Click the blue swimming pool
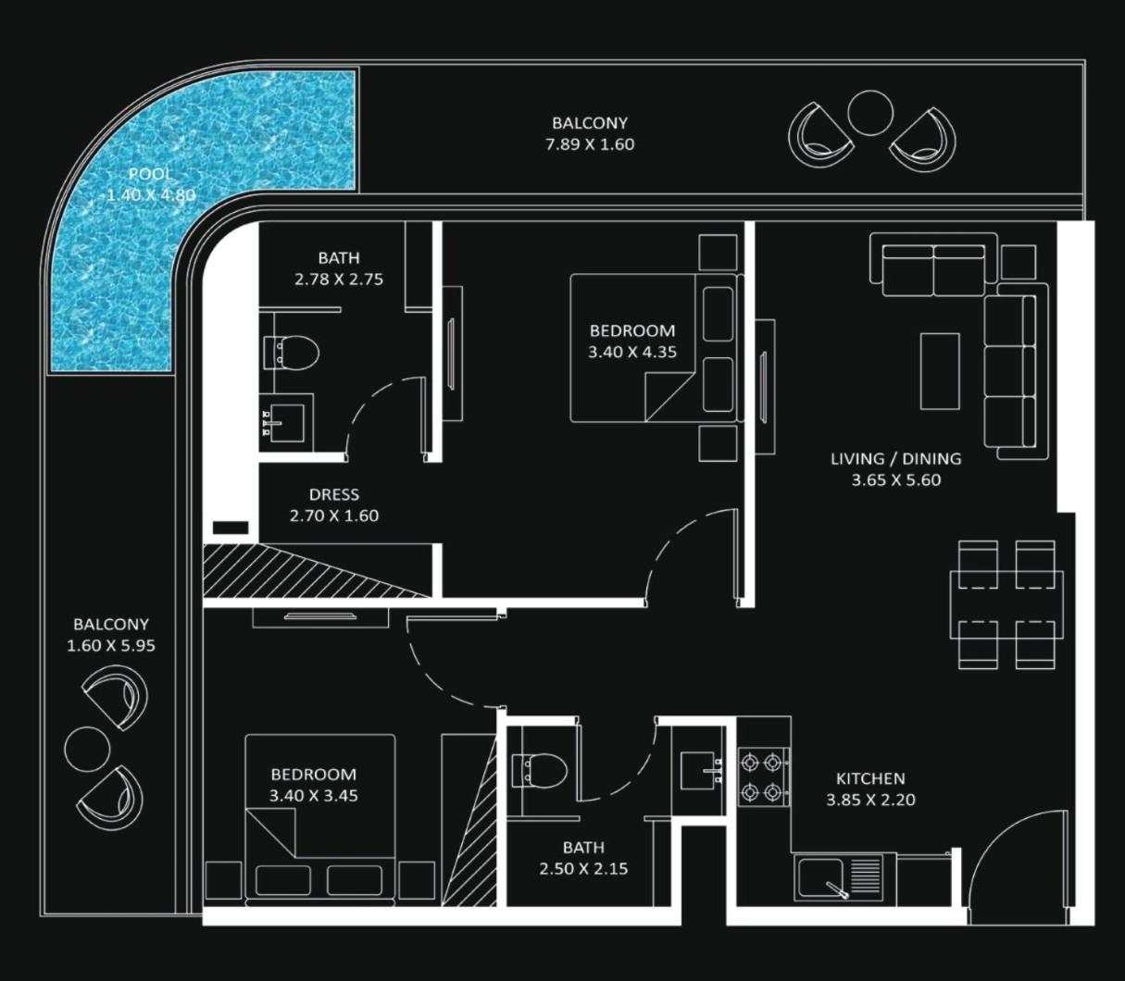[120, 259]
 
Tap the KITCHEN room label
[870, 779]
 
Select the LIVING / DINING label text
[895, 459]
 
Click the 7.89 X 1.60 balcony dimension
[590, 144]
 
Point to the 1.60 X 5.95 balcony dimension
[110, 646]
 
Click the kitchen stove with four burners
[763, 777]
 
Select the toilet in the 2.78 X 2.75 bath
[294, 353]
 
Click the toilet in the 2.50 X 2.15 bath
[541, 770]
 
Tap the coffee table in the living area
[940, 371]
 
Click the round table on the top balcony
[869, 113]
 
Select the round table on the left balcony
[87, 748]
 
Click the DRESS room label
[333, 495]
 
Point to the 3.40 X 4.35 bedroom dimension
[631, 353]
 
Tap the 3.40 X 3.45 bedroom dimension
[313, 796]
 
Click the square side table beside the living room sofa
[1019, 263]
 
